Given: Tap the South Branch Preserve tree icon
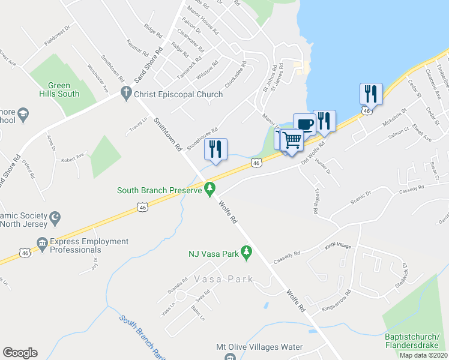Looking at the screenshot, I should pos(209,190).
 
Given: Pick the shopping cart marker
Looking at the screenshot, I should pos(292,140).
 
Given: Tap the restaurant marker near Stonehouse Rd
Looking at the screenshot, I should pos(215,148).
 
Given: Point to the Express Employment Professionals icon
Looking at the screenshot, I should pos(42,244).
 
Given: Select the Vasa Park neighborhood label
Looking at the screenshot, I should pos(223,280).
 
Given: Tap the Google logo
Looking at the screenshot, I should pos(20,353).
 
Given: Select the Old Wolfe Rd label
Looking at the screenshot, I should pos(313,151).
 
